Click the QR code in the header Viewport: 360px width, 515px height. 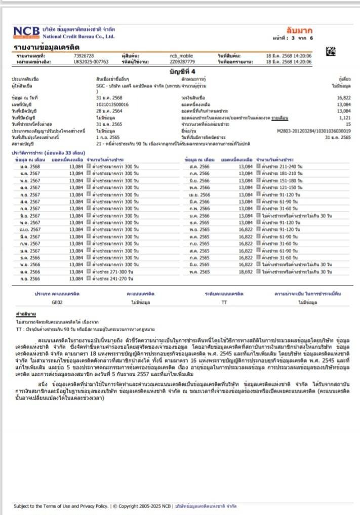pos(331,51)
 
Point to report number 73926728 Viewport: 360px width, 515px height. pos(84,55)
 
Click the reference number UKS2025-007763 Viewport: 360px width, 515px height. pos(91,61)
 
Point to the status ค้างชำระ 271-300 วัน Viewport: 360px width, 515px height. pos(112,271)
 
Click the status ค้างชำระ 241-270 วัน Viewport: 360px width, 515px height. pos(112,278)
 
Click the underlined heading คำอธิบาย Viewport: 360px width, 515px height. pos(25,315)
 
